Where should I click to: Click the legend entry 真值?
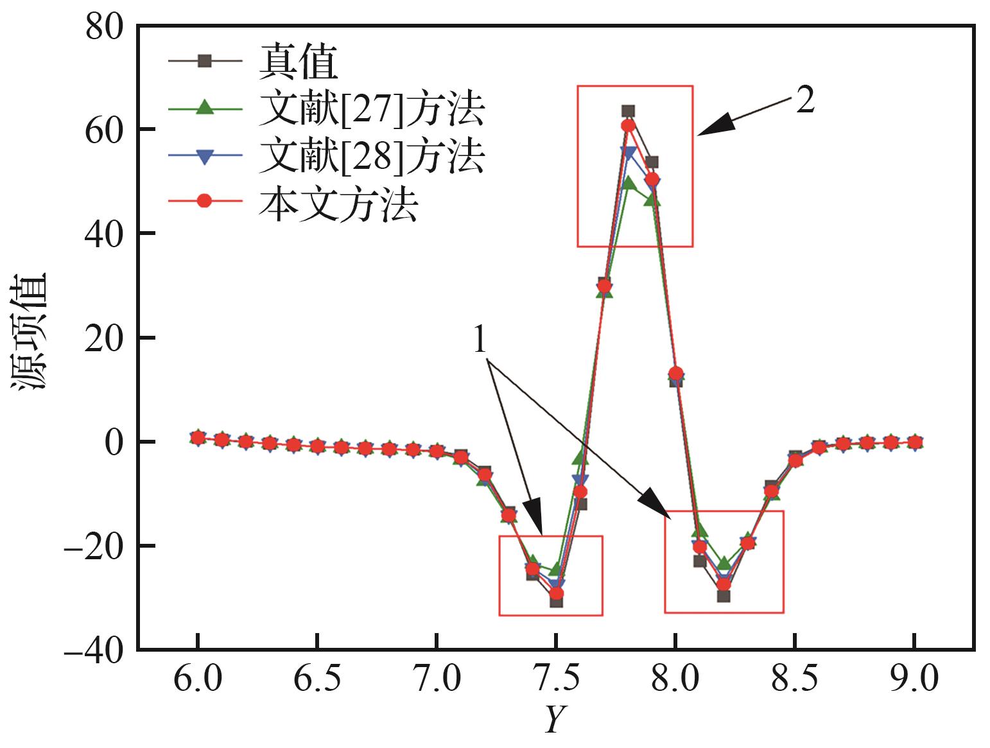(x=298, y=62)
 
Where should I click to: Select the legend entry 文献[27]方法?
(x=371, y=109)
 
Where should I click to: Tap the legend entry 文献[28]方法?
(x=371, y=156)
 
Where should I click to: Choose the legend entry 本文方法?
(x=338, y=203)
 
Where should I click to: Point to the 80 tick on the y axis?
(x=104, y=27)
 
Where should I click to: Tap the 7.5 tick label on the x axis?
(x=557, y=679)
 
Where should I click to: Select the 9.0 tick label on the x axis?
(x=914, y=679)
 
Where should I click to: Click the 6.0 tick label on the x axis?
(x=198, y=679)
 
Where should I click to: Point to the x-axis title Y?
(x=554, y=720)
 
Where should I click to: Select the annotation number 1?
(x=480, y=340)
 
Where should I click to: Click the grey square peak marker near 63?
(x=628, y=112)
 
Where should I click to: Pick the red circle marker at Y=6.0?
(x=198, y=438)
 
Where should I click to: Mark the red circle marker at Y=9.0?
(x=914, y=442)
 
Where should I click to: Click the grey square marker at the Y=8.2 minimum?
(x=724, y=596)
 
